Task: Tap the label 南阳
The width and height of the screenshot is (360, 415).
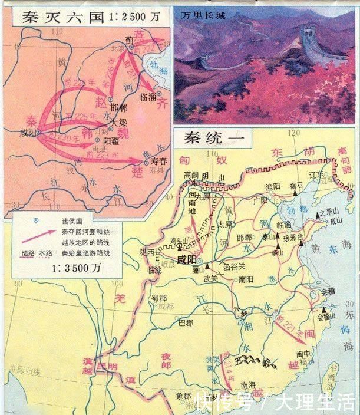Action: coord(247,281)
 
